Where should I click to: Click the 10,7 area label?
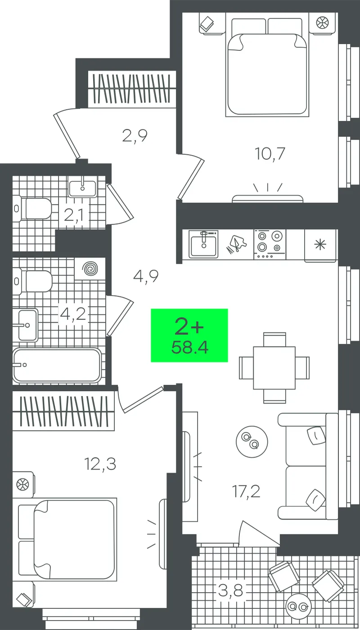tap(270, 154)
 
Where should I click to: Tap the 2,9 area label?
tap(135, 136)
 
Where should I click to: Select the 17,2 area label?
tap(246, 491)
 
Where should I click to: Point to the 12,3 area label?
tap(100, 464)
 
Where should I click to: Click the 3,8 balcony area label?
tap(230, 590)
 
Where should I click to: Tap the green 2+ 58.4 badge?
tap(189, 335)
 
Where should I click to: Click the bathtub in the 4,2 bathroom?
tap(57, 365)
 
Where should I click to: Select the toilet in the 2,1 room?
tap(32, 208)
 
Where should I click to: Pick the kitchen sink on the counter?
tap(203, 244)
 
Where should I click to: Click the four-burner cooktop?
tap(270, 244)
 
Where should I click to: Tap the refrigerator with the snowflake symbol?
tap(320, 246)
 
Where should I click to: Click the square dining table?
tap(274, 368)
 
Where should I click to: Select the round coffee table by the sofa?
tap(252, 441)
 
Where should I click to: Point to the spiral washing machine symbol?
tap(90, 269)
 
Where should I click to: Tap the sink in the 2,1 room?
tap(82, 186)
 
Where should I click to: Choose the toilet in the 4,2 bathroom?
tap(32, 281)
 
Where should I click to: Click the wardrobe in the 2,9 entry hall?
tap(132, 89)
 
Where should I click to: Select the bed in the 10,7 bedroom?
tap(266, 67)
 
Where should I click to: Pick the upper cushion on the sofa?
tap(316, 436)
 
